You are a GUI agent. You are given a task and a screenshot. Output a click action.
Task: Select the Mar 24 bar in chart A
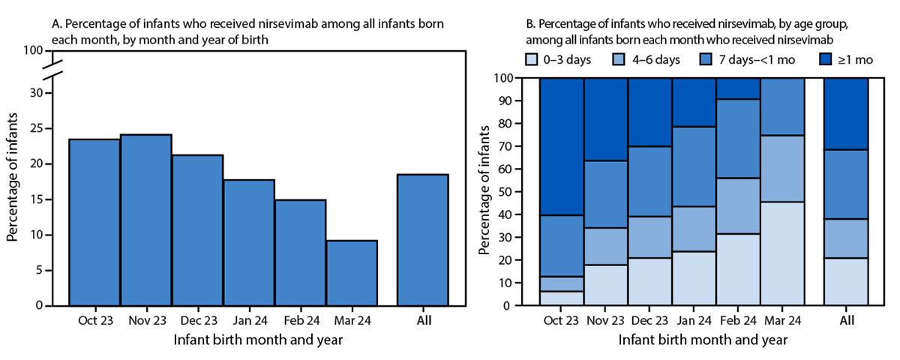point(351,273)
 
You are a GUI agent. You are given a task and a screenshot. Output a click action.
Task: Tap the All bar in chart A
point(423,240)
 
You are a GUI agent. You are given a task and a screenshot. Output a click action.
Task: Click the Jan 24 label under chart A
point(248,321)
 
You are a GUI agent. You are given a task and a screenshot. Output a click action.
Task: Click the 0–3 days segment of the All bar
point(846,281)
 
